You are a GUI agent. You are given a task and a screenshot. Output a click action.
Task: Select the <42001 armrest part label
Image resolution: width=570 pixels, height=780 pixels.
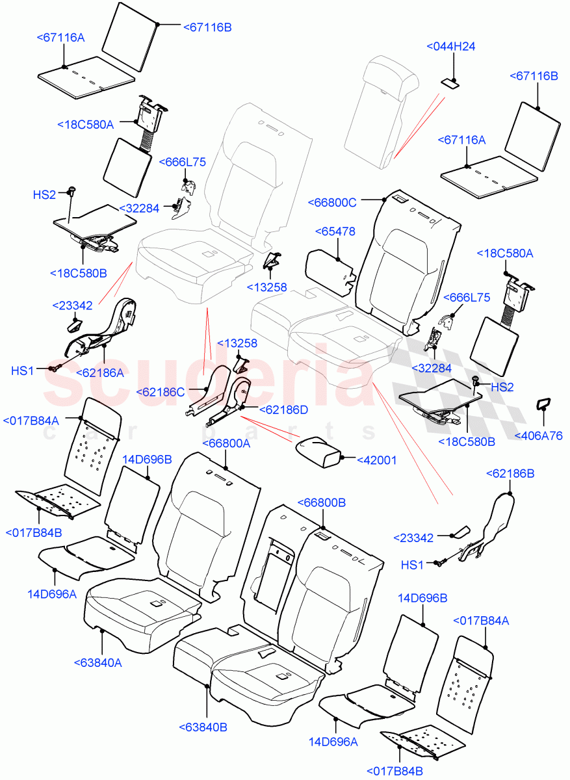point(376,460)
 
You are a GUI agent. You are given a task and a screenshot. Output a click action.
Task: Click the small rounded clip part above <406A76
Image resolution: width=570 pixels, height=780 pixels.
point(541,405)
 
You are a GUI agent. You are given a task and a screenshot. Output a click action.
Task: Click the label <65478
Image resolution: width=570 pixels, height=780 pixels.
point(334,231)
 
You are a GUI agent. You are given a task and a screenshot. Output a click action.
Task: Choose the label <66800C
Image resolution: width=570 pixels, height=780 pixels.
point(333,202)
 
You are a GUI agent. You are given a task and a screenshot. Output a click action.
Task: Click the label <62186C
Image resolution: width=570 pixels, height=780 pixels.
point(161,392)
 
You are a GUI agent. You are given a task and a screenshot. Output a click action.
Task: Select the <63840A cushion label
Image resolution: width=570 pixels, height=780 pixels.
point(97,663)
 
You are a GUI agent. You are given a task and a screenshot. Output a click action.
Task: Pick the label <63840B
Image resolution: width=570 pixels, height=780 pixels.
point(203,727)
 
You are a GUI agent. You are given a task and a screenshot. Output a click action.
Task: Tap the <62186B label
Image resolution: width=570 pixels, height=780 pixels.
point(510,474)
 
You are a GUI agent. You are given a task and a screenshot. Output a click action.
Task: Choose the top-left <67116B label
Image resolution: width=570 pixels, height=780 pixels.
point(207,27)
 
